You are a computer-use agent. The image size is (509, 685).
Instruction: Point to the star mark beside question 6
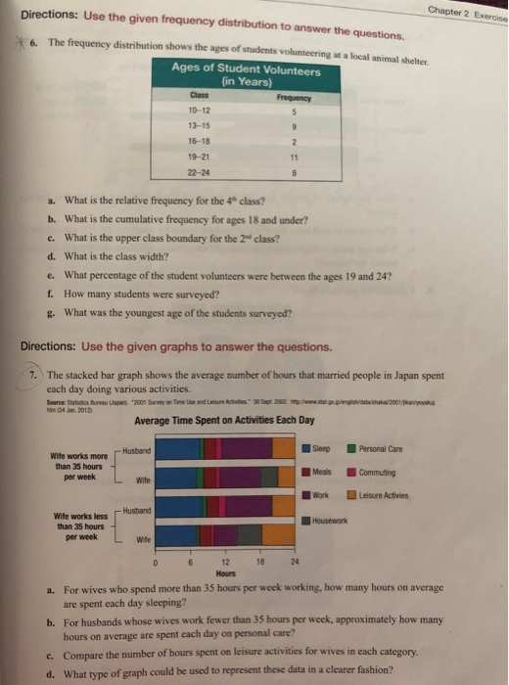[x=20, y=57]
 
